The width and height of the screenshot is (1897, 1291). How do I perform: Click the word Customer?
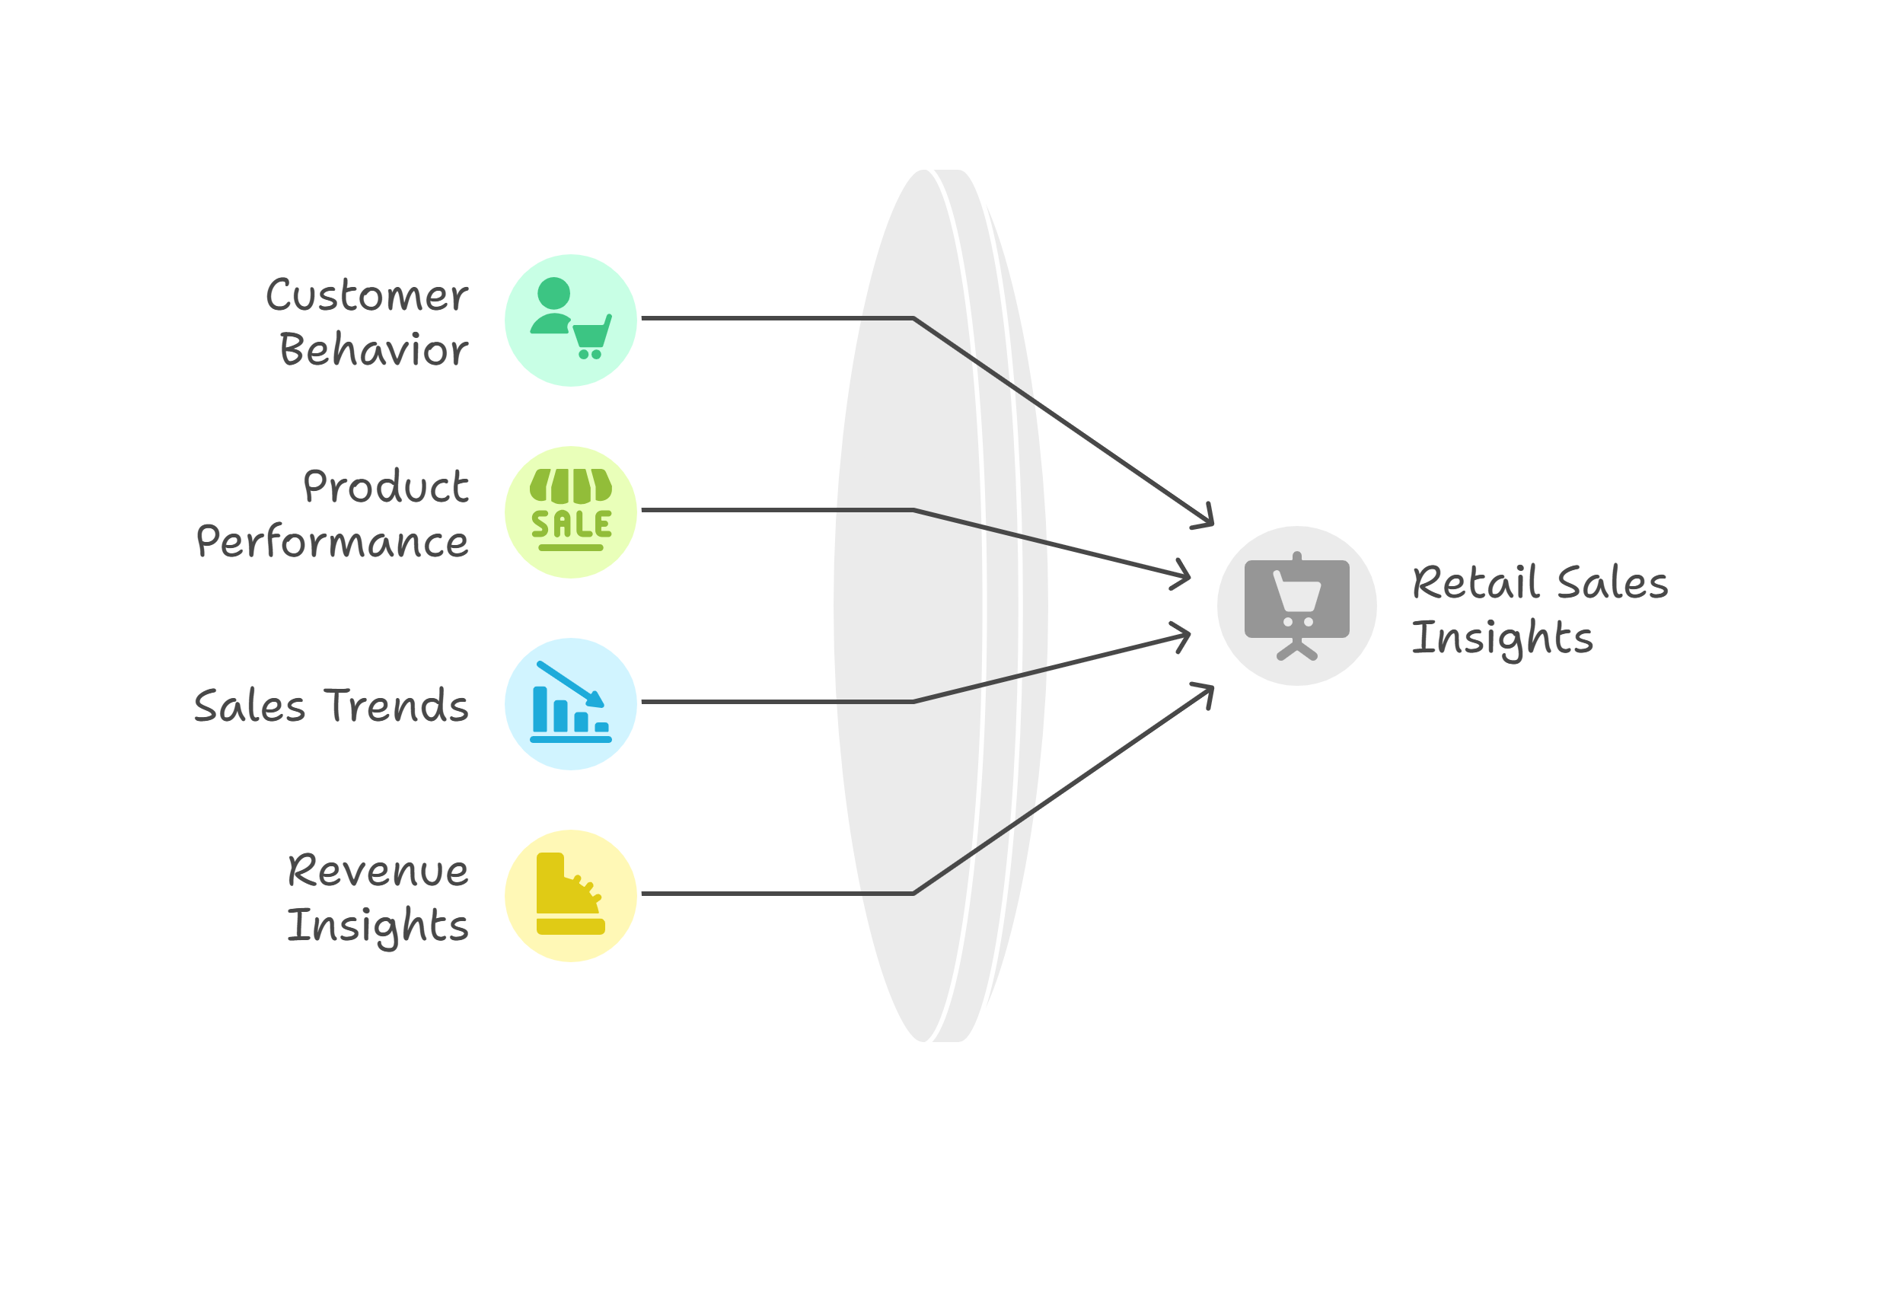[x=366, y=295]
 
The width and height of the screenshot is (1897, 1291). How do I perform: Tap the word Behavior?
[x=374, y=349]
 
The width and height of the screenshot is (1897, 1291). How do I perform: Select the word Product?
[x=385, y=486]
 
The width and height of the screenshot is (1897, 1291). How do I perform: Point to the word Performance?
[x=332, y=541]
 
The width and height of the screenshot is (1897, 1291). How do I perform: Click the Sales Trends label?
[x=331, y=705]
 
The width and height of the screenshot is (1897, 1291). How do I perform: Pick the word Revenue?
[x=378, y=870]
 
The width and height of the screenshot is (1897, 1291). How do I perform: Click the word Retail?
[x=1476, y=582]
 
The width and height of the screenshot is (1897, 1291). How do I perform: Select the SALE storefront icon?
[x=571, y=510]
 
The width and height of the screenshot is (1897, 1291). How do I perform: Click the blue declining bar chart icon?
[x=571, y=702]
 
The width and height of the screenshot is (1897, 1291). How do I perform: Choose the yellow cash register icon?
[x=571, y=894]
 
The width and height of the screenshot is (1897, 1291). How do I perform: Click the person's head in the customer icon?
[x=553, y=294]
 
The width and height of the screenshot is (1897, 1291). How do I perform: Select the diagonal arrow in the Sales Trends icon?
[x=571, y=684]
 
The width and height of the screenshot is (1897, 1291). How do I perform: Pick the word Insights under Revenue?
[x=378, y=926]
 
